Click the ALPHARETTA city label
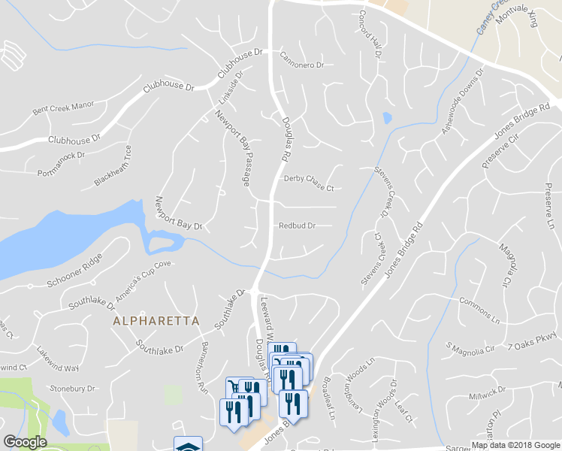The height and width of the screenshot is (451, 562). pos(156,320)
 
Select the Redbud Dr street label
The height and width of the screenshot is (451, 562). pos(297,225)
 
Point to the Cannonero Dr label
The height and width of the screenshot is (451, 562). pos(301,59)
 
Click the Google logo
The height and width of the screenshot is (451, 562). pos(26,442)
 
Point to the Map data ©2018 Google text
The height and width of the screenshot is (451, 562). pos(515,444)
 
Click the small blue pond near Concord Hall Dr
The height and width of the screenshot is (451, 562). pos(387,118)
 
